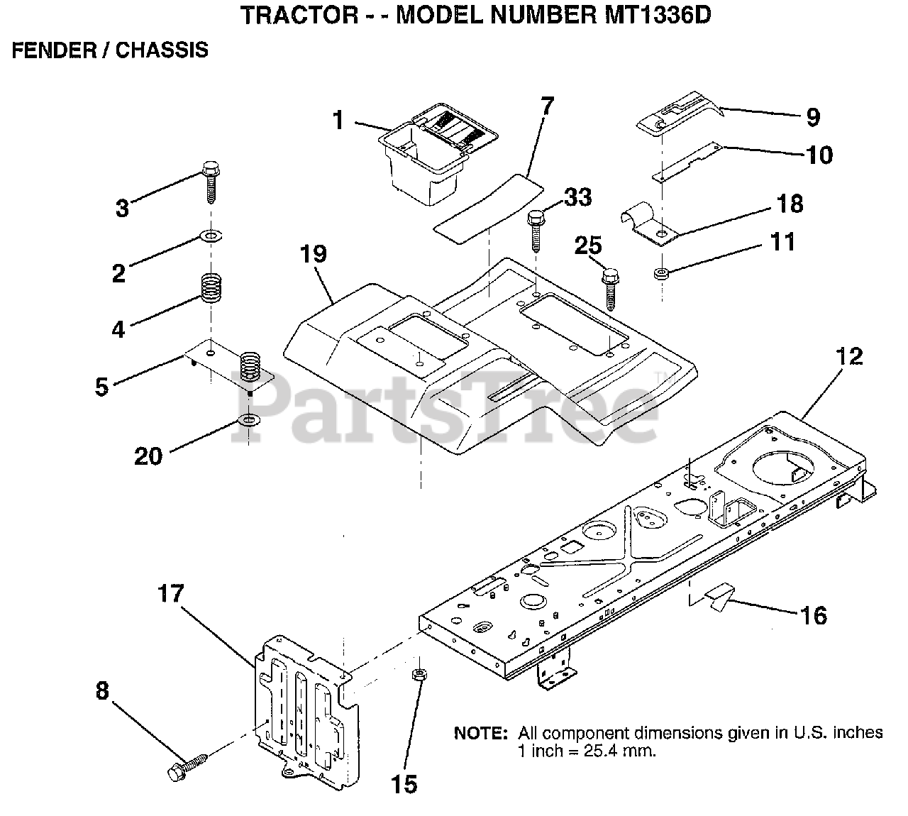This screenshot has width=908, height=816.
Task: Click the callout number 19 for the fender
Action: coord(314,254)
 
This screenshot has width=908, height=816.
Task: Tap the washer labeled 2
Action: coord(211,235)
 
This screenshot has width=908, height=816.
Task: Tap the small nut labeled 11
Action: coord(661,273)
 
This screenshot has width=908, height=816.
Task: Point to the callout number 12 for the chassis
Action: coord(849,356)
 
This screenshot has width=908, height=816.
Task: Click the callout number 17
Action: coord(170,593)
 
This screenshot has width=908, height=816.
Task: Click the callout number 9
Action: coord(812,117)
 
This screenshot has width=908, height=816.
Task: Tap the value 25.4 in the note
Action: coord(602,751)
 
